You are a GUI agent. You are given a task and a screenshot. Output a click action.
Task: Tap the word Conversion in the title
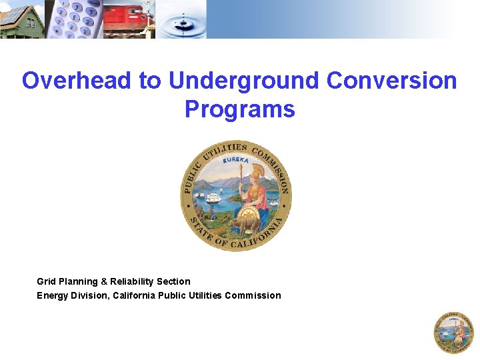[x=392, y=81]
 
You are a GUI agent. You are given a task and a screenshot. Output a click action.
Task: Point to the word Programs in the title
[x=240, y=109]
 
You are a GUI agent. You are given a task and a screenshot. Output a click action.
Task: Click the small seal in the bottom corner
[x=453, y=332]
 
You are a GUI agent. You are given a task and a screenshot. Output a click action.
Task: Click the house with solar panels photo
[x=21, y=19]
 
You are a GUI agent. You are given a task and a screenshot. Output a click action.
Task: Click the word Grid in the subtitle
[x=46, y=281]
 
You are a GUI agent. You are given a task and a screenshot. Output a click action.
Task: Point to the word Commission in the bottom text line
[x=253, y=295]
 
